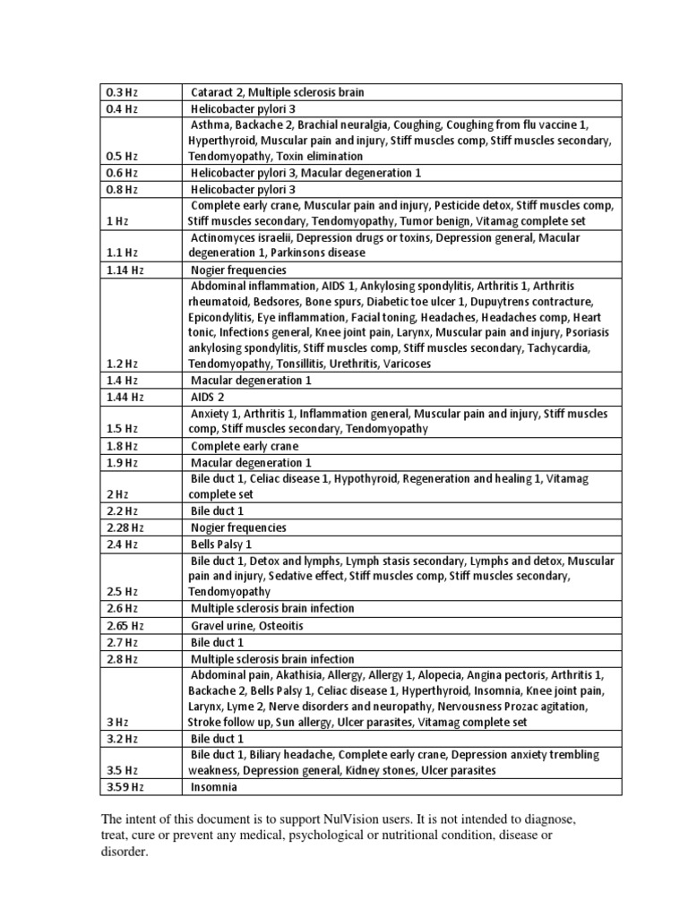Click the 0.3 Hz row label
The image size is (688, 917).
pos(121,92)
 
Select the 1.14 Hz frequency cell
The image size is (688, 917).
pos(125,270)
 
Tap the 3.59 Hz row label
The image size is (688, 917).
pos(125,787)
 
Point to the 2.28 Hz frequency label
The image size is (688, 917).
pos(125,527)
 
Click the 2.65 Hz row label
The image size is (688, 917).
pos(125,625)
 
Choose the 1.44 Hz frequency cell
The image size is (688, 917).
pos(125,397)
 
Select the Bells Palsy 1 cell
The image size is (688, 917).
pos(221,544)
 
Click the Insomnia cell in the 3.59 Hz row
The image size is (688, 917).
pos(214,787)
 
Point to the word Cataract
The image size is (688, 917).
pos(214,92)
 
